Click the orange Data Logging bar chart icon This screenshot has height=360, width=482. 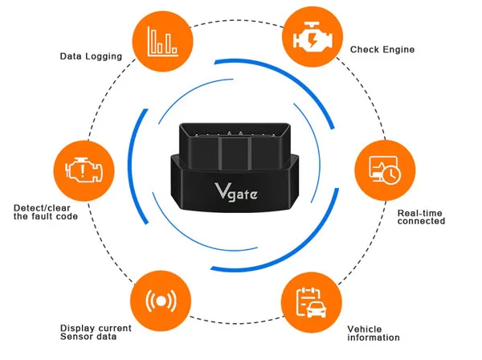(162, 41)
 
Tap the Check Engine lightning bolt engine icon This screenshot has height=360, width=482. (312, 37)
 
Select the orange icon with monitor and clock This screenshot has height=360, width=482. (385, 170)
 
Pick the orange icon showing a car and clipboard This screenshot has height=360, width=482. (311, 302)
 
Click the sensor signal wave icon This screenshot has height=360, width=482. (161, 301)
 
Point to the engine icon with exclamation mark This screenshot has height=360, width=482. (84, 171)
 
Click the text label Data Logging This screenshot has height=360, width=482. (91, 56)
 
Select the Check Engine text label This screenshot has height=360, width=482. (382, 50)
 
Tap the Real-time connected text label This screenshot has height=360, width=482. (421, 217)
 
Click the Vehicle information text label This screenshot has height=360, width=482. (374, 333)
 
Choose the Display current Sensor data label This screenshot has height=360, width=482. (96, 333)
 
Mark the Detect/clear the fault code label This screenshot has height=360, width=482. (46, 212)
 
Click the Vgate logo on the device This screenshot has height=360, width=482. (236, 192)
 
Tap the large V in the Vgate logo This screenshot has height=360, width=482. (221, 190)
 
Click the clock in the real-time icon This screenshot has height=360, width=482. (392, 175)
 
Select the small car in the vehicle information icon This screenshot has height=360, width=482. (317, 309)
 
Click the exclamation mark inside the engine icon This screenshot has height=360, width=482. (82, 171)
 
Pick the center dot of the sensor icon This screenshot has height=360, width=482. (161, 301)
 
